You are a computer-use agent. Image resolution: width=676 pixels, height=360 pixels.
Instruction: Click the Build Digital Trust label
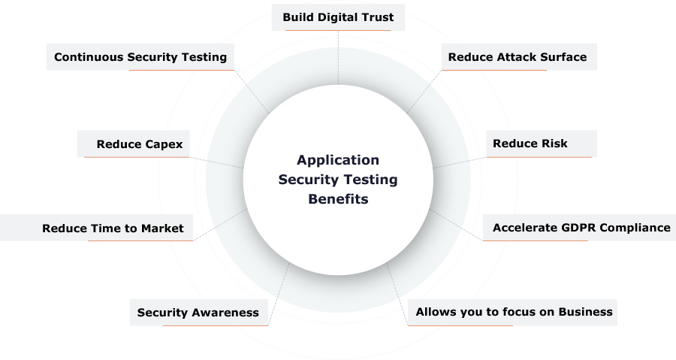pos(338,17)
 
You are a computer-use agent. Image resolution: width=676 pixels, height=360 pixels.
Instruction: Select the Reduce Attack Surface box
pos(518,57)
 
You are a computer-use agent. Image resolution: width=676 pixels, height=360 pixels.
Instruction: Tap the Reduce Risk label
pos(530,144)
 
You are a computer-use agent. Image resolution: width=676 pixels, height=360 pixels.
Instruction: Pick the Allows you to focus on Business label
pos(514,312)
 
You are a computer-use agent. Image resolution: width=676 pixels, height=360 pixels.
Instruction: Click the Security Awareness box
pos(198,313)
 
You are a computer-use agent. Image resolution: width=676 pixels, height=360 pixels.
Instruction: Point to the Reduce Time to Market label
pos(113,228)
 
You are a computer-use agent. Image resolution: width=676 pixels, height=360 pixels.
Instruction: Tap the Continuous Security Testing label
pos(140,57)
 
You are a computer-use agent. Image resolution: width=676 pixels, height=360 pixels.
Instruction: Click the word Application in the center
pos(338,160)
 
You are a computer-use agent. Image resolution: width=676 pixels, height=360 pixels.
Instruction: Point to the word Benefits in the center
pos(338,200)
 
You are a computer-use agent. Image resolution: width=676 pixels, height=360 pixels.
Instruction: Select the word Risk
pos(554,144)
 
